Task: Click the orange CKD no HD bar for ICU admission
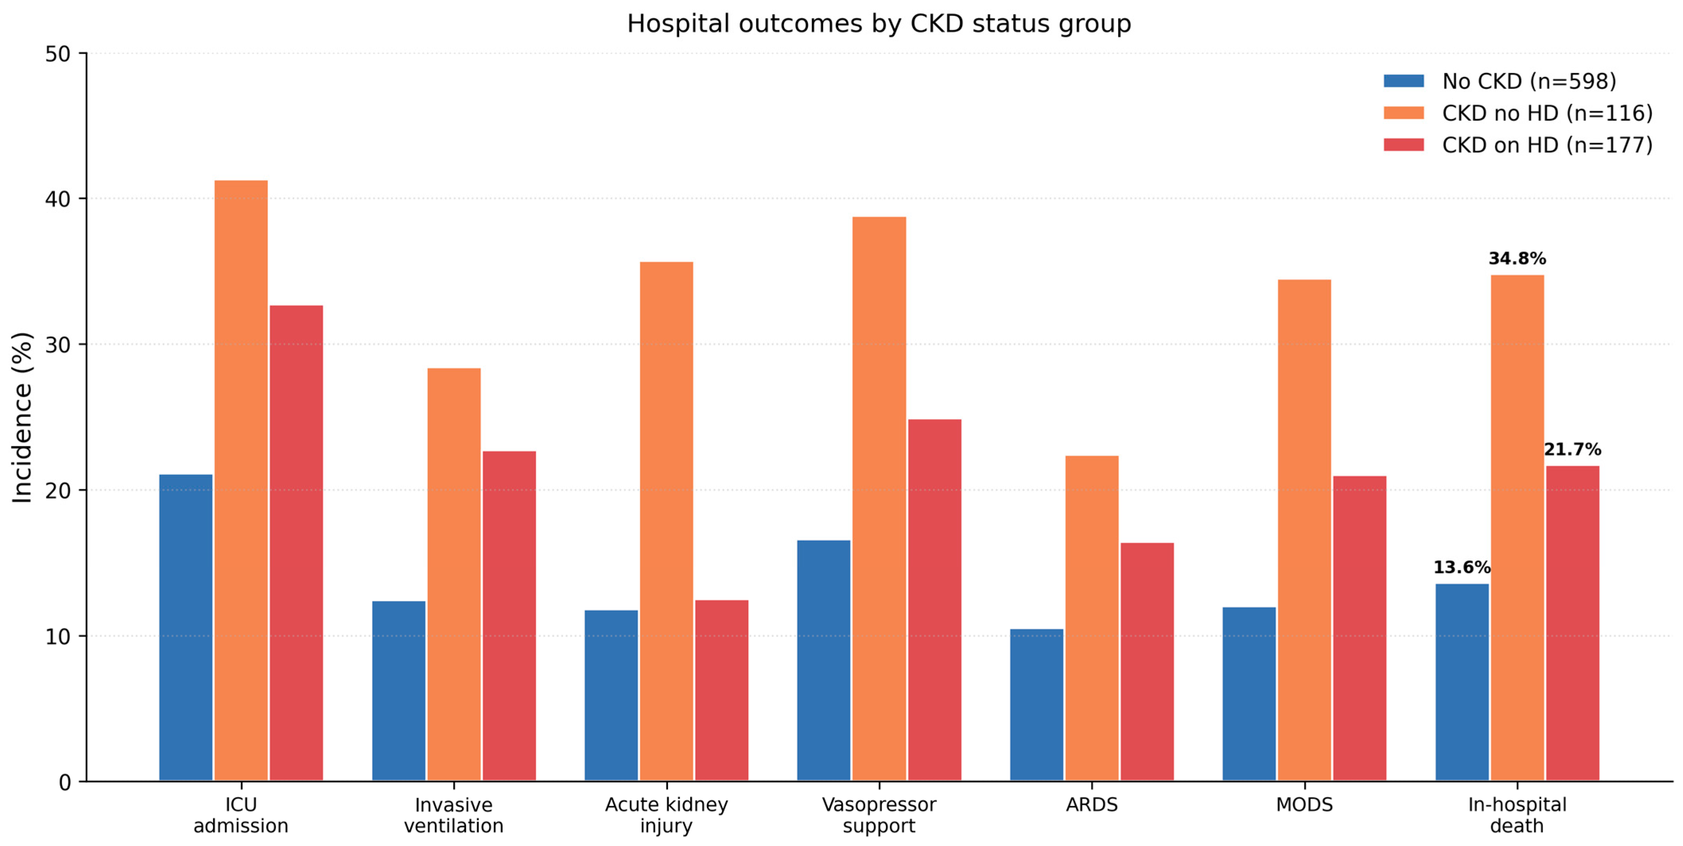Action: pyautogui.click(x=241, y=481)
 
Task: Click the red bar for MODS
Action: pyautogui.click(x=1360, y=629)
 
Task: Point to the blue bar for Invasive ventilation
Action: pyautogui.click(x=398, y=691)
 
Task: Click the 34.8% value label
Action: pyautogui.click(x=1517, y=259)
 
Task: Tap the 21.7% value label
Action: pyautogui.click(x=1572, y=449)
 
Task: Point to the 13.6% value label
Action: pyautogui.click(x=1462, y=567)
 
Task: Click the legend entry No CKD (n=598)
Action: pyautogui.click(x=1500, y=81)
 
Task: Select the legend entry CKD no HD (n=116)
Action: pyautogui.click(x=1518, y=113)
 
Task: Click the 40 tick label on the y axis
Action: pyautogui.click(x=58, y=199)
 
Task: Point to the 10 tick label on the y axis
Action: pyautogui.click(x=58, y=636)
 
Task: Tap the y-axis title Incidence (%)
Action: pyautogui.click(x=22, y=417)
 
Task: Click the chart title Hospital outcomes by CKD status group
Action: pyautogui.click(x=879, y=23)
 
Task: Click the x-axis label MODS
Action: pyautogui.click(x=1304, y=804)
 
